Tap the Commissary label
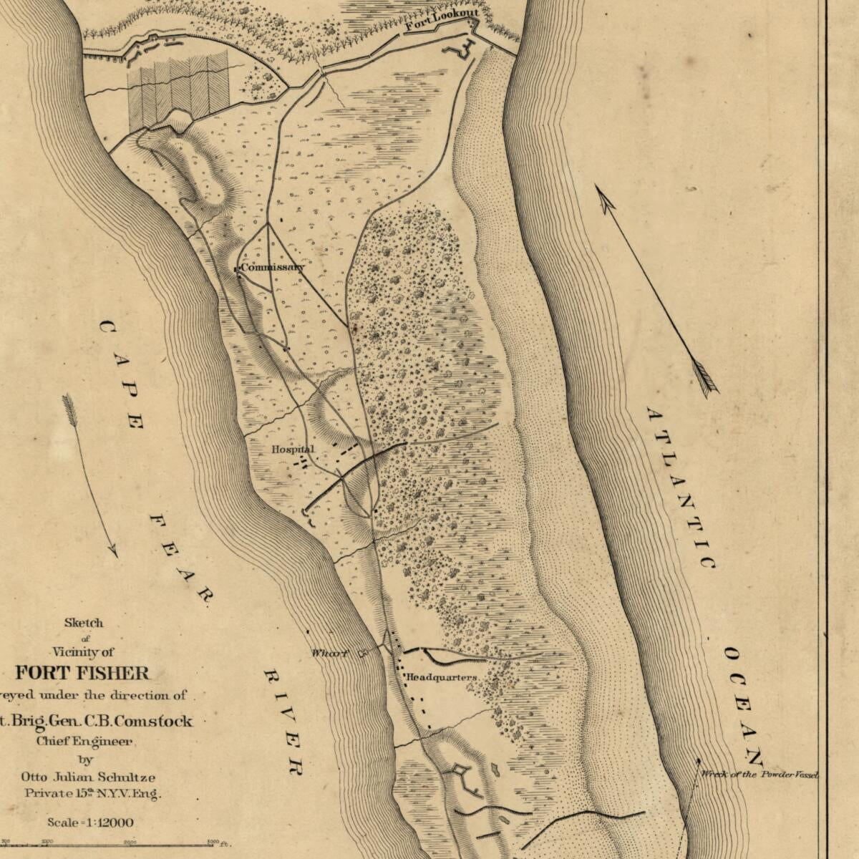(272, 268)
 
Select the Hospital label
(292, 450)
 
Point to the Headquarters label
(442, 677)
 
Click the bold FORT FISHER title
(83, 673)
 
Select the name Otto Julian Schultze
(87, 777)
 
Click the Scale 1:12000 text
(90, 823)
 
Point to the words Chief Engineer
(84, 742)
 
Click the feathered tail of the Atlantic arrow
(706, 379)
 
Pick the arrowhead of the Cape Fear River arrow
(114, 553)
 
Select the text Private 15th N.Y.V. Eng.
(93, 793)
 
